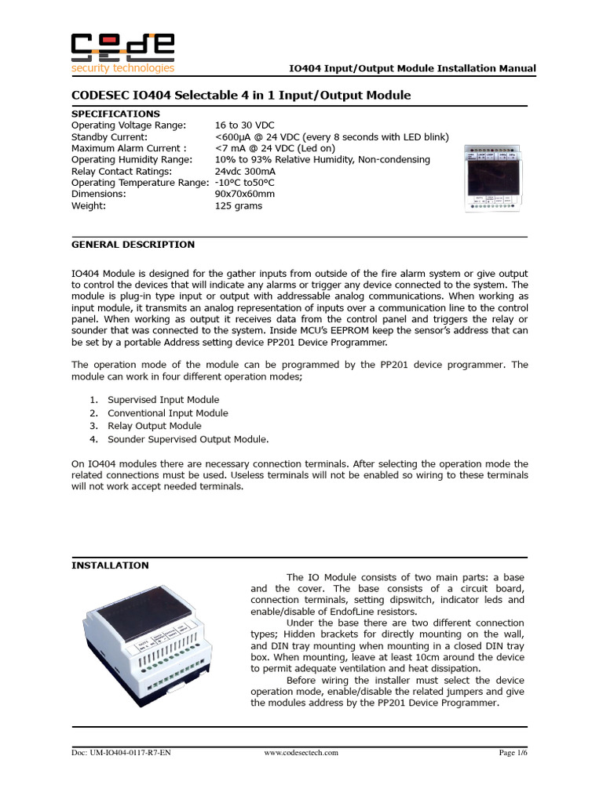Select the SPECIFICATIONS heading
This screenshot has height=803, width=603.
[x=115, y=114]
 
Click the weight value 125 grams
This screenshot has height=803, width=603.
[x=239, y=205]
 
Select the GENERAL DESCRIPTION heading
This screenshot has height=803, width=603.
[x=133, y=244]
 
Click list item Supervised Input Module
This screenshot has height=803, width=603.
[x=163, y=400]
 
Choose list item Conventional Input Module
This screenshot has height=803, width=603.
[x=168, y=413]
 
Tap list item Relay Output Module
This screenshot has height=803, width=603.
[x=155, y=426]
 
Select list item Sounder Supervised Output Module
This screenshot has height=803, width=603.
[x=188, y=439]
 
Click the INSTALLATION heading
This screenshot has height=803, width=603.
[x=110, y=565]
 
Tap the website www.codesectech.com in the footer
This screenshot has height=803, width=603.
[x=301, y=753]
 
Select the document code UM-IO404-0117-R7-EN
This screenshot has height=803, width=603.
[x=121, y=753]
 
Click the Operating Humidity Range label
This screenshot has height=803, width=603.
[x=131, y=159]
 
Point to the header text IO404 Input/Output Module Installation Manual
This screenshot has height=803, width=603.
[x=413, y=68]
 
